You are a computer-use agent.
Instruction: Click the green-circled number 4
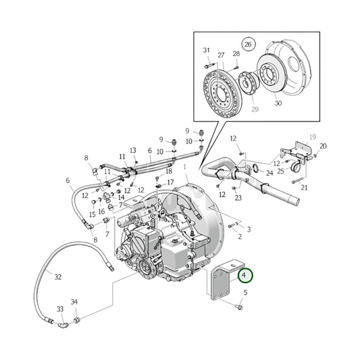pos(245,276)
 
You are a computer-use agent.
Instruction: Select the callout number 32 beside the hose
pos(58,278)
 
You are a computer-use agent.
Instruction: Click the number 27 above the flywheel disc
pos(221,54)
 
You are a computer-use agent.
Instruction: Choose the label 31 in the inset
pos(207,51)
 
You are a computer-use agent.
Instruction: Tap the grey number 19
pos(313,137)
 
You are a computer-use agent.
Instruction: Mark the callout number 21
pos(304,188)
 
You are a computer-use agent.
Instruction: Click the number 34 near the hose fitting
pos(74,301)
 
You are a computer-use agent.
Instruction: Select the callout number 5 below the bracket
pos(245,292)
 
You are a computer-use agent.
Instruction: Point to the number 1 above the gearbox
pos(185,165)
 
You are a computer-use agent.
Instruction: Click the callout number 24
pos(269,173)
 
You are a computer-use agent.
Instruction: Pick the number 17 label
pos(171,182)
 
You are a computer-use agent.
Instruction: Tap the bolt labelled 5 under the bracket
pos(240,307)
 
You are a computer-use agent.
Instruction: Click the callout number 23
pos(238,198)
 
